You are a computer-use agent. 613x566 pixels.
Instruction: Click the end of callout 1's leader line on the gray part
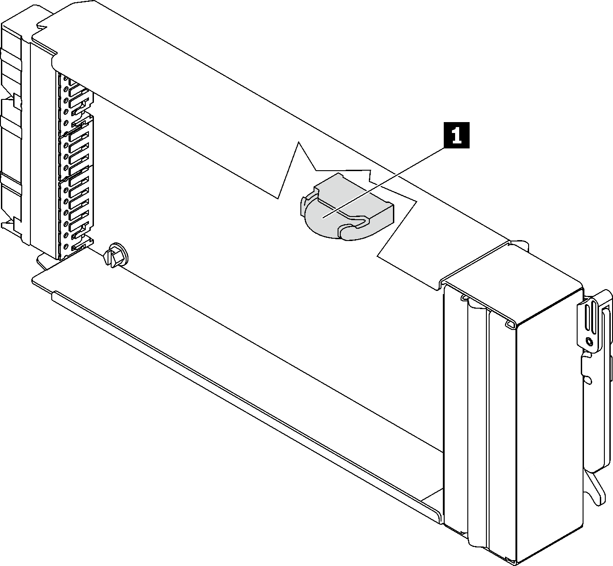click(323, 218)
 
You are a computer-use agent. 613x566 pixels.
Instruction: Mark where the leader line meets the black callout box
click(445, 148)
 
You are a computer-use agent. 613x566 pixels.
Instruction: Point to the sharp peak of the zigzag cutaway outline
click(299, 142)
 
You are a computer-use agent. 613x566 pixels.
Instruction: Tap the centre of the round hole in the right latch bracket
click(589, 342)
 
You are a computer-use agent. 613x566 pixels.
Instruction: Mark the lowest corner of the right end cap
click(516, 564)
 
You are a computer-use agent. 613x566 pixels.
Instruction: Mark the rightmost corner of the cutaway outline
click(417, 202)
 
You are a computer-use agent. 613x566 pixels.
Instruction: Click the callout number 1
click(457, 135)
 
